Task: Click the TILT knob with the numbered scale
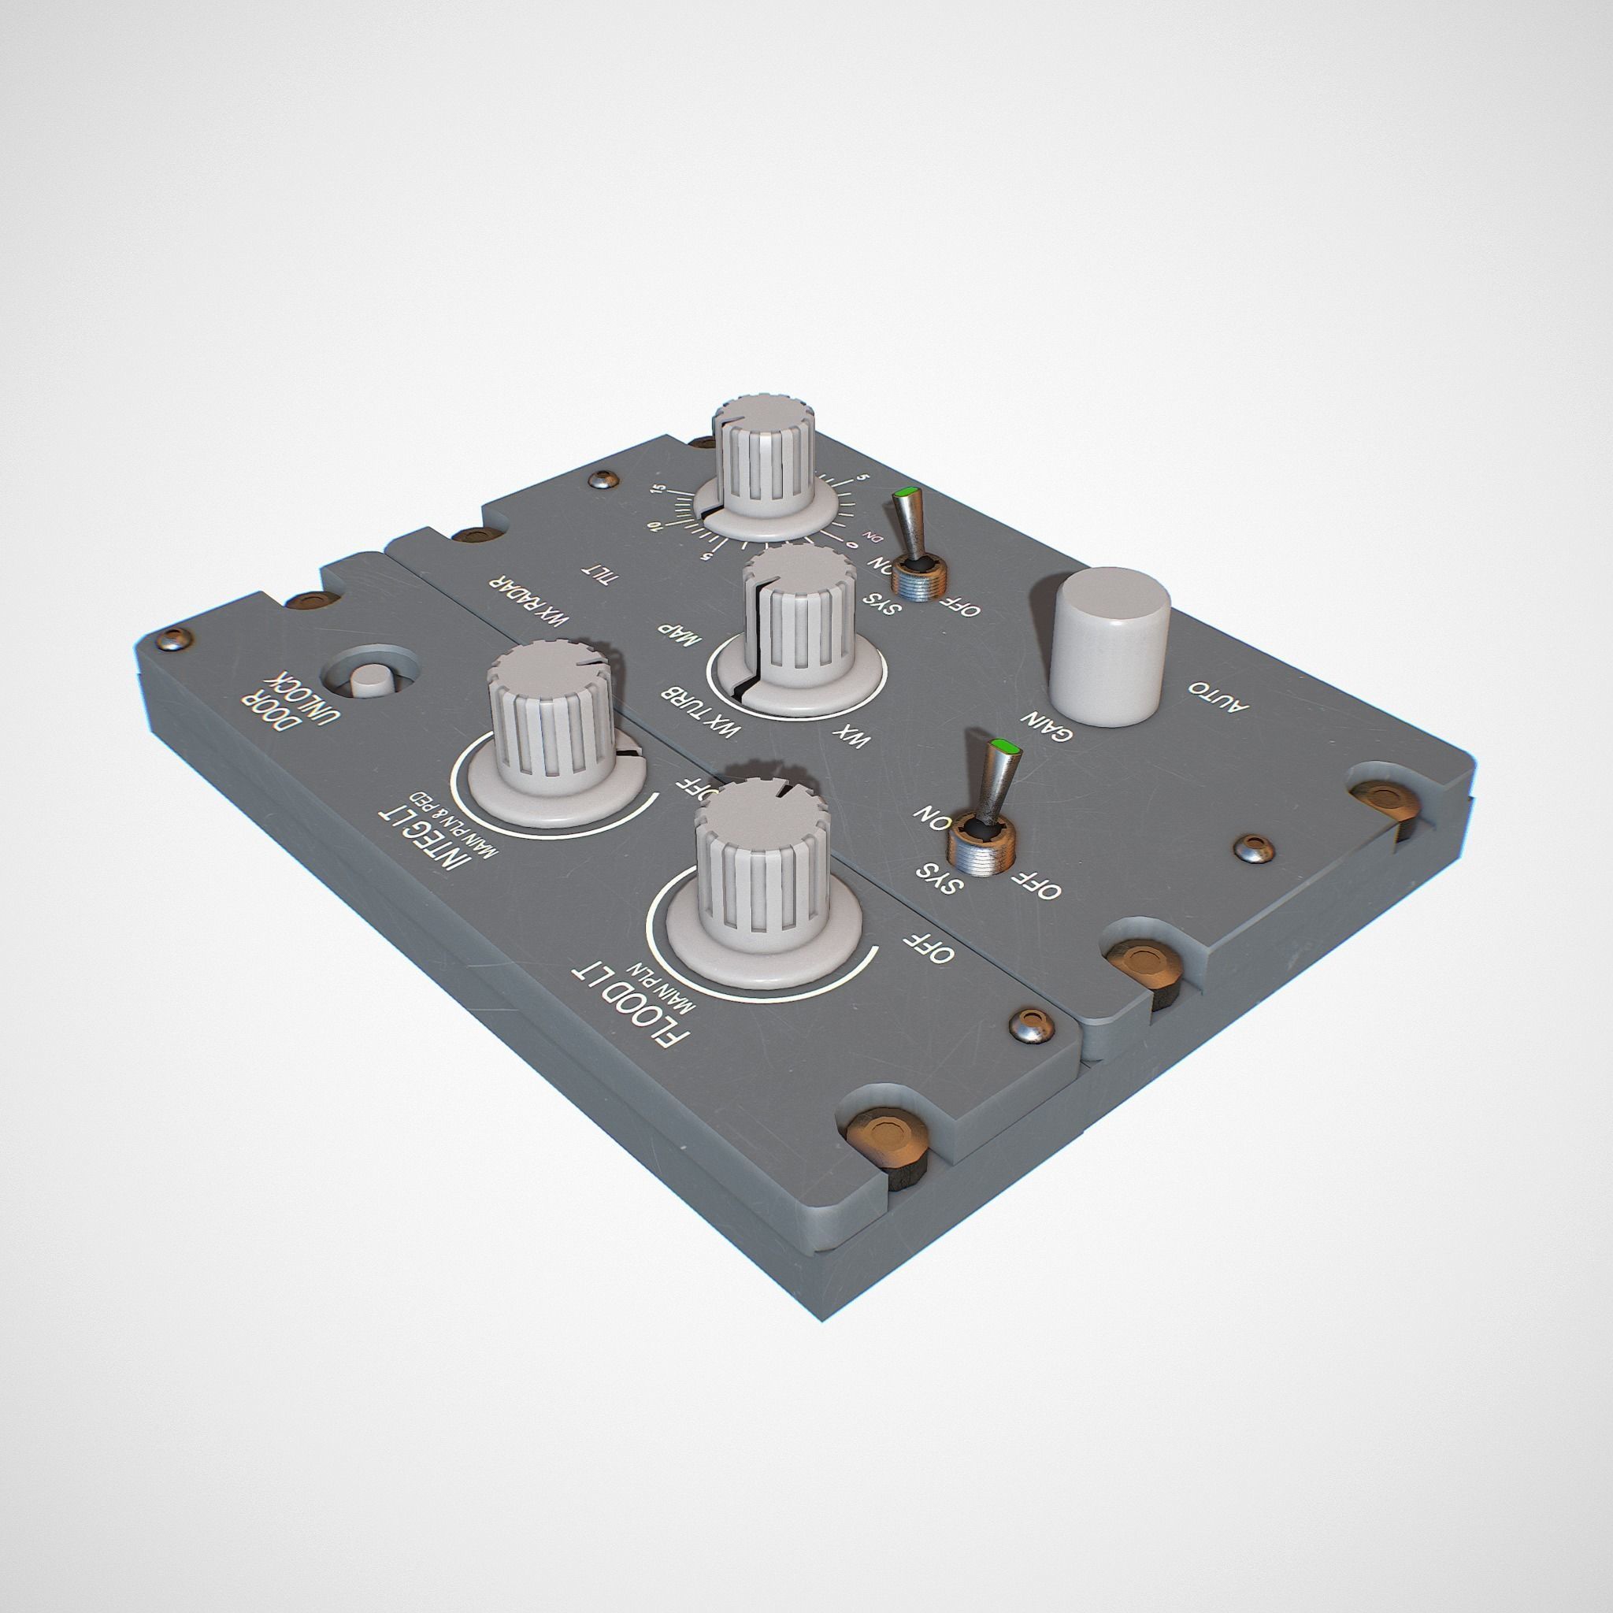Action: tap(762, 468)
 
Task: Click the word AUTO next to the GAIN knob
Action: tap(1220, 695)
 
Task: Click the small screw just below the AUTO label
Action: tap(1255, 847)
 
